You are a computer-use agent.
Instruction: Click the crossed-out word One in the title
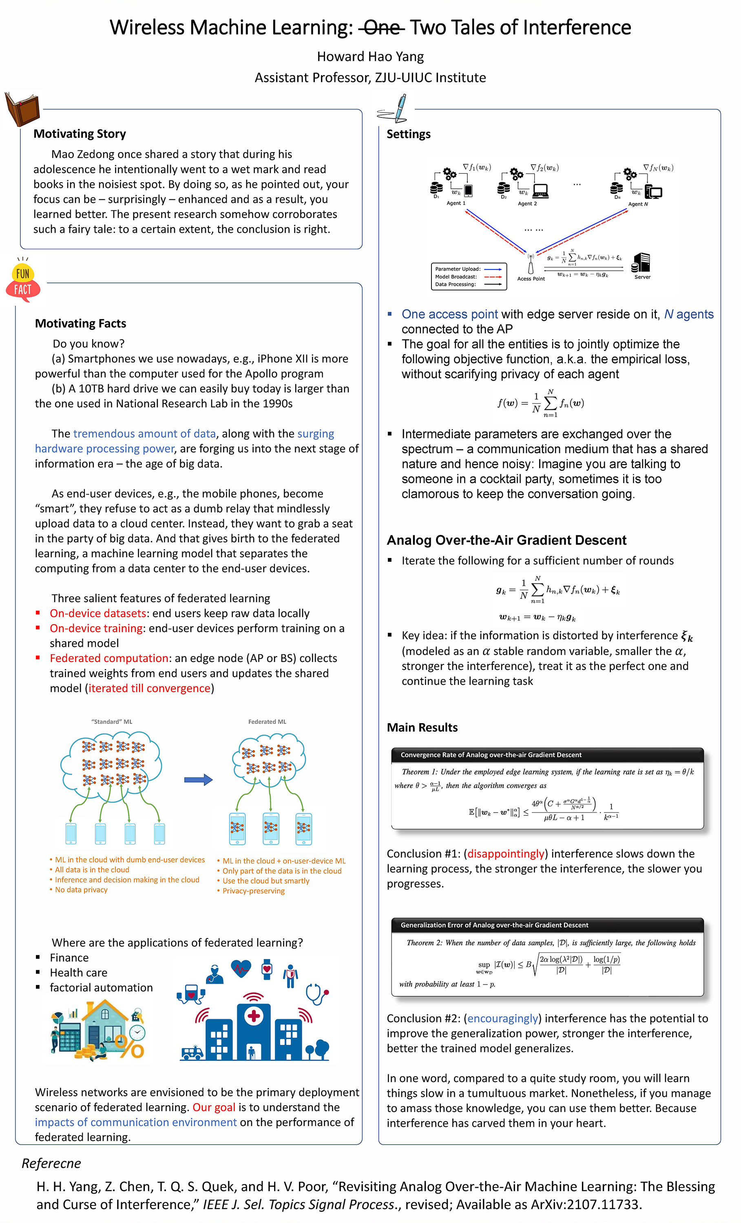pyautogui.click(x=381, y=27)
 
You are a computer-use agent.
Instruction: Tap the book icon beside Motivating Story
pyautogui.click(x=22, y=109)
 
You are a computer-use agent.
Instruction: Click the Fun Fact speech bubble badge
pyautogui.click(x=23, y=280)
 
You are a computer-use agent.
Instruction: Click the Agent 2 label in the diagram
pyautogui.click(x=527, y=203)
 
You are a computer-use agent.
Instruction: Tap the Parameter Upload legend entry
pyautogui.click(x=468, y=269)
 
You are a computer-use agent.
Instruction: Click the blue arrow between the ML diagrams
pyautogui.click(x=198, y=780)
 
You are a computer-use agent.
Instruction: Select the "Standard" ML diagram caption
pyautogui.click(x=112, y=722)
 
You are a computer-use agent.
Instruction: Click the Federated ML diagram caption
pyautogui.click(x=267, y=722)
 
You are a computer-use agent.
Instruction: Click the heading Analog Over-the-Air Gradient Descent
pyautogui.click(x=507, y=540)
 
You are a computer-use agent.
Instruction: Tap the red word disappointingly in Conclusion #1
pyautogui.click(x=506, y=854)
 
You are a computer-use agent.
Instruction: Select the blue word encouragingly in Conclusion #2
pyautogui.click(x=502, y=1018)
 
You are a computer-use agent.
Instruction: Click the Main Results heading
pyautogui.click(x=422, y=728)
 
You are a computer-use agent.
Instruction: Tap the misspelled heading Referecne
pyautogui.click(x=51, y=1163)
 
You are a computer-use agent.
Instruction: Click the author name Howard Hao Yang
pyautogui.click(x=370, y=57)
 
